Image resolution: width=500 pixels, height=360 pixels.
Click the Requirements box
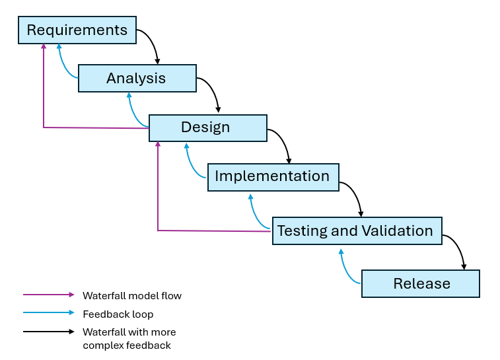[77, 30]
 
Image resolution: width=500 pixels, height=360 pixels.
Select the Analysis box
[137, 78]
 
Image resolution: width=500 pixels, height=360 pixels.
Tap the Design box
[207, 127]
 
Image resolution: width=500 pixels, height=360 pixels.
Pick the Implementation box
[273, 177]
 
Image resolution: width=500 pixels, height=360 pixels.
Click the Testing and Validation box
[357, 231]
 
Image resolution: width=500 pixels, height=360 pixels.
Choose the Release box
[421, 283]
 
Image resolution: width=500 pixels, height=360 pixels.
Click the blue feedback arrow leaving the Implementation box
[190, 165]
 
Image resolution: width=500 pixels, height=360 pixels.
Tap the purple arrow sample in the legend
[49, 295]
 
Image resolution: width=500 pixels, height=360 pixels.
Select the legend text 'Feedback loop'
[118, 314]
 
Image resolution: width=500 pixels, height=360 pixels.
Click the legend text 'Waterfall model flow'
[131, 296]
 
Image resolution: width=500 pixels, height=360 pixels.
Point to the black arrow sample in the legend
[49, 332]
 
